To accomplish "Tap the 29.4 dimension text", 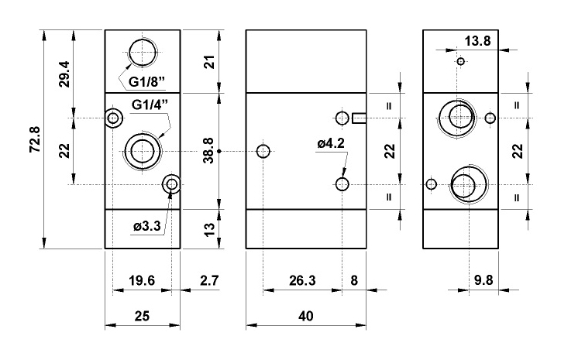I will (65, 73).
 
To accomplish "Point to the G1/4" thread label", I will (150, 105).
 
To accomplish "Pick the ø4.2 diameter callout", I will (331, 143).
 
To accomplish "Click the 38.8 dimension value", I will (207, 151).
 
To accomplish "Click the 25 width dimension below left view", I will (143, 316).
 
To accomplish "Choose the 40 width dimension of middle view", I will (305, 316).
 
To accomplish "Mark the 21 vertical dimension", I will (207, 62).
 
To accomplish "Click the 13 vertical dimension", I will (207, 228).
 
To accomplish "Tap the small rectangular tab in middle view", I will (359, 118).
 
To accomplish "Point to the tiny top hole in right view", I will (460, 61).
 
